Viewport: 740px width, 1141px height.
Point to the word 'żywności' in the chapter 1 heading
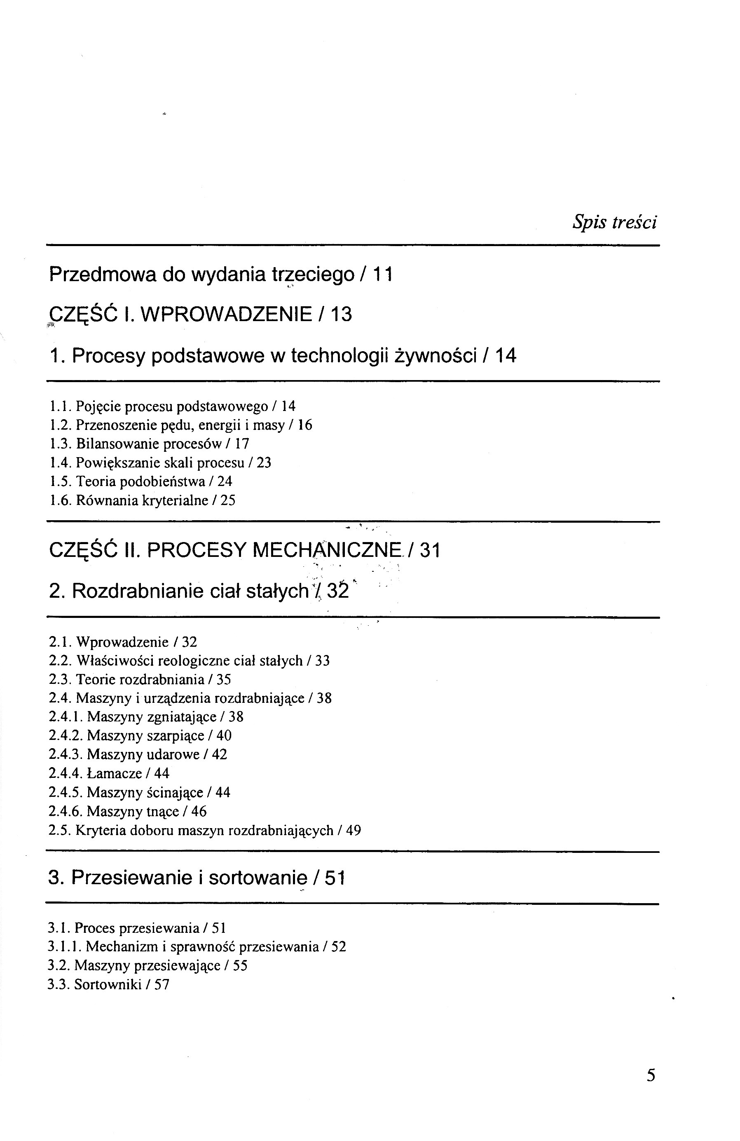coord(435,356)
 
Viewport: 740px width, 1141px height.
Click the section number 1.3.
coord(61,444)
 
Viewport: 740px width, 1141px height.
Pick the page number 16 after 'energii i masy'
coord(305,425)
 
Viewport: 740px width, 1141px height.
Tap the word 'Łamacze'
coord(115,773)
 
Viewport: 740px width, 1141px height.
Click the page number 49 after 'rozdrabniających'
coord(353,830)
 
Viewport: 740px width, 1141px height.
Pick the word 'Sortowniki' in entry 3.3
coord(108,985)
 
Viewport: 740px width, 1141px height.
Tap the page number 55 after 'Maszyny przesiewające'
coord(240,965)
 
